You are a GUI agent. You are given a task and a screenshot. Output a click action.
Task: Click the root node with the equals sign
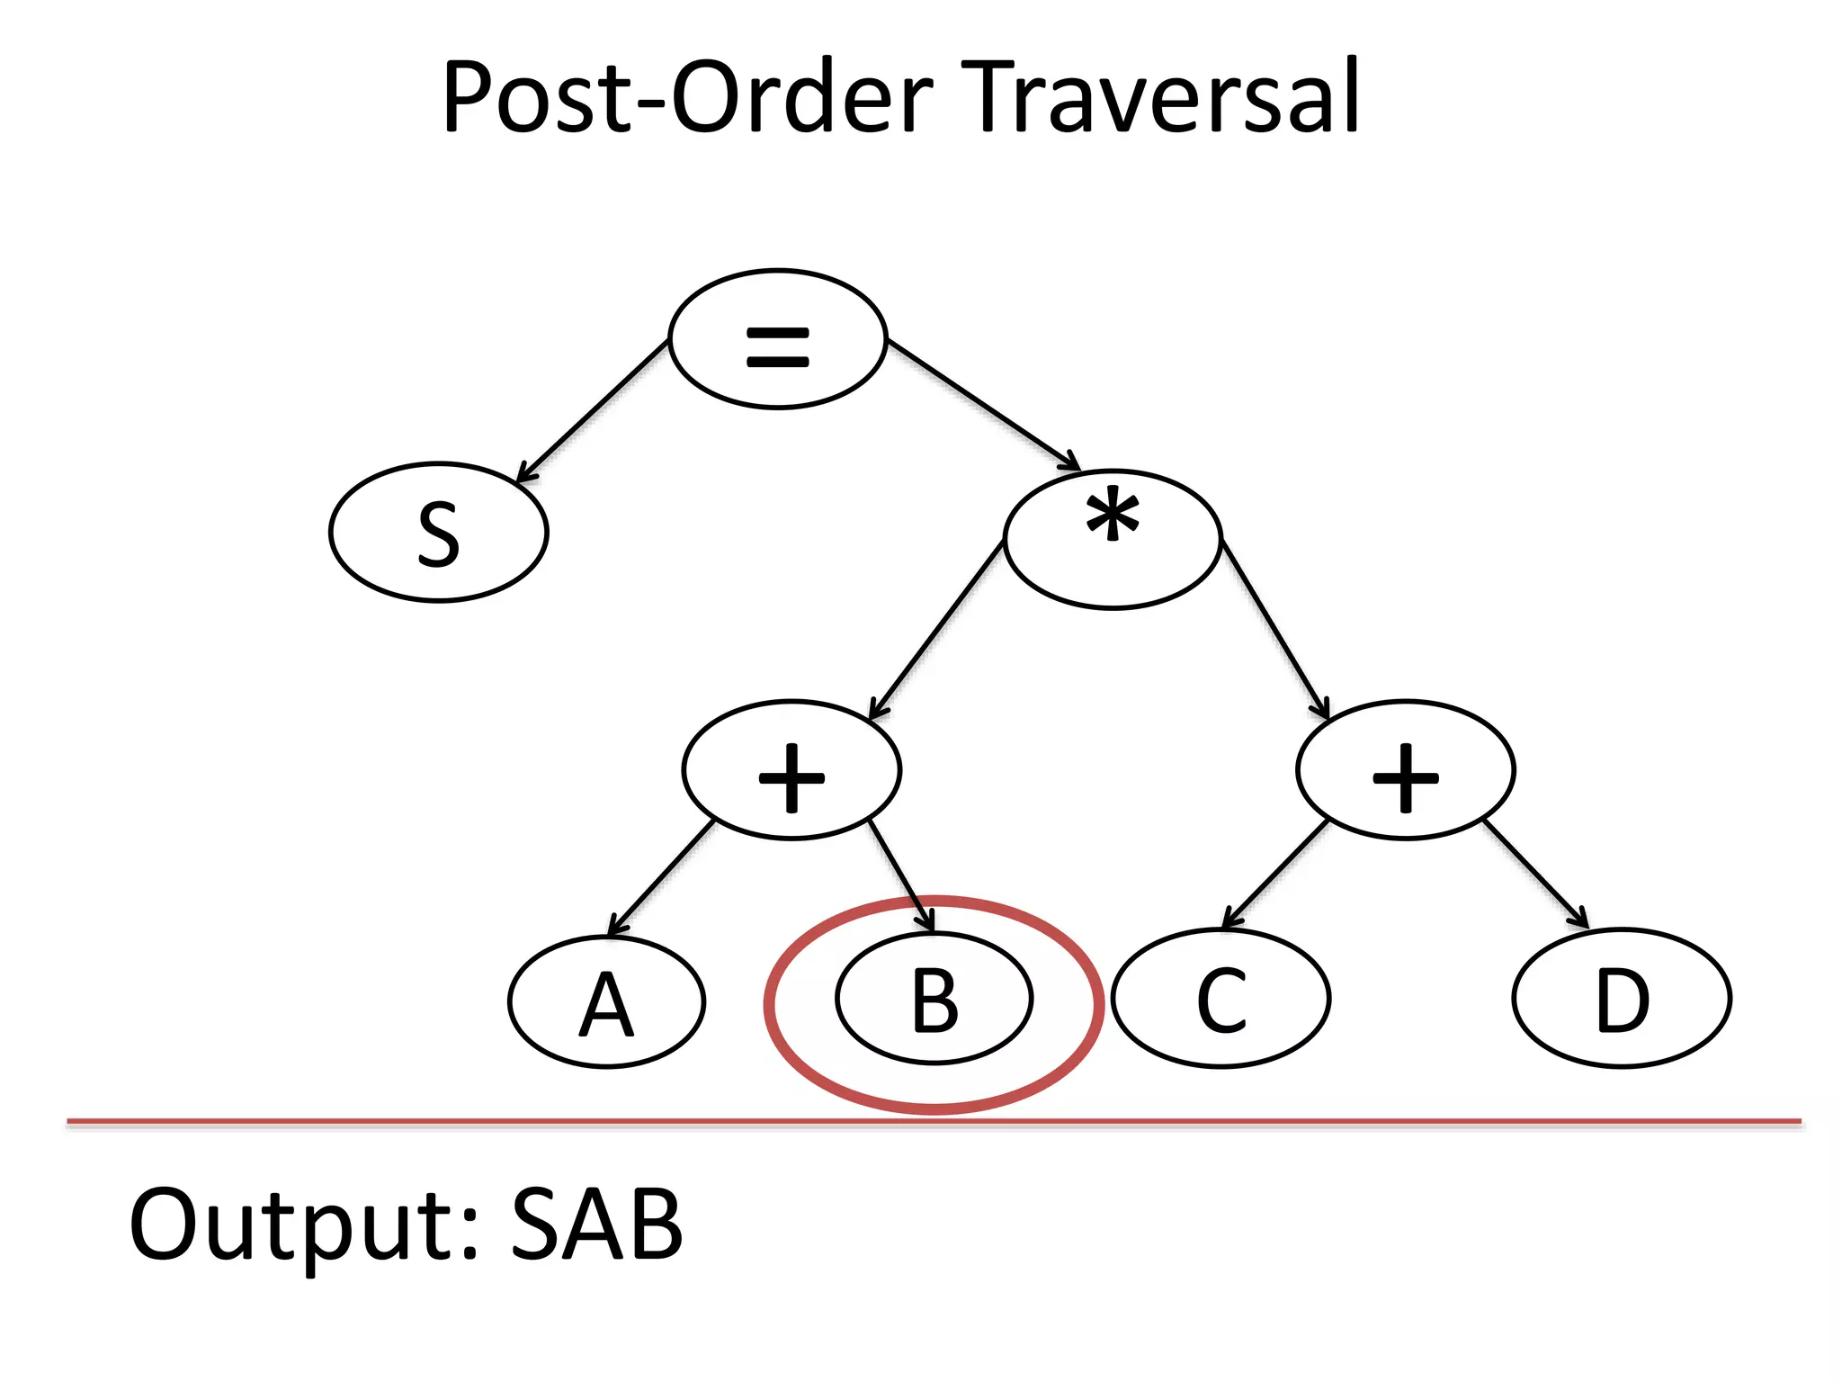click(x=778, y=339)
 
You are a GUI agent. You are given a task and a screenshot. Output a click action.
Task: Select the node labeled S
click(x=438, y=533)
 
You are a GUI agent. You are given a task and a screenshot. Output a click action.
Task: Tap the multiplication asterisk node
click(x=1113, y=539)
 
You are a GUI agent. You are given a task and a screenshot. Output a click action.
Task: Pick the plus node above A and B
click(x=791, y=770)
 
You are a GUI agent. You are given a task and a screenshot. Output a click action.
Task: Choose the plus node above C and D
click(x=1406, y=770)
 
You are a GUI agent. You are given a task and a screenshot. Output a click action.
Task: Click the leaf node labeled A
click(x=606, y=1002)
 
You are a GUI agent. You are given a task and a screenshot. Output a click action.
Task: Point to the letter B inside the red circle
click(x=934, y=1000)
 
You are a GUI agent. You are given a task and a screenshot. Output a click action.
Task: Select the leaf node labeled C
click(x=1221, y=999)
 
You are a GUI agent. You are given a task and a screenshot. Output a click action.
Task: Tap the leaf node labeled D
click(x=1622, y=999)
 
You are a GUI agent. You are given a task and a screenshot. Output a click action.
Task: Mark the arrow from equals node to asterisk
click(x=983, y=404)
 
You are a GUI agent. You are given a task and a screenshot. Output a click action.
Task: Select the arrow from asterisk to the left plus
click(x=936, y=630)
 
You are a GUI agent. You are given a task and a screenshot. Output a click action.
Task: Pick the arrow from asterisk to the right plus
click(x=1274, y=629)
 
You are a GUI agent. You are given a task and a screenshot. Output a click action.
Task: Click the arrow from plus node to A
click(x=661, y=878)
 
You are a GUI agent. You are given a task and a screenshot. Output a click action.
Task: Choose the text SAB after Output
click(x=597, y=1225)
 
